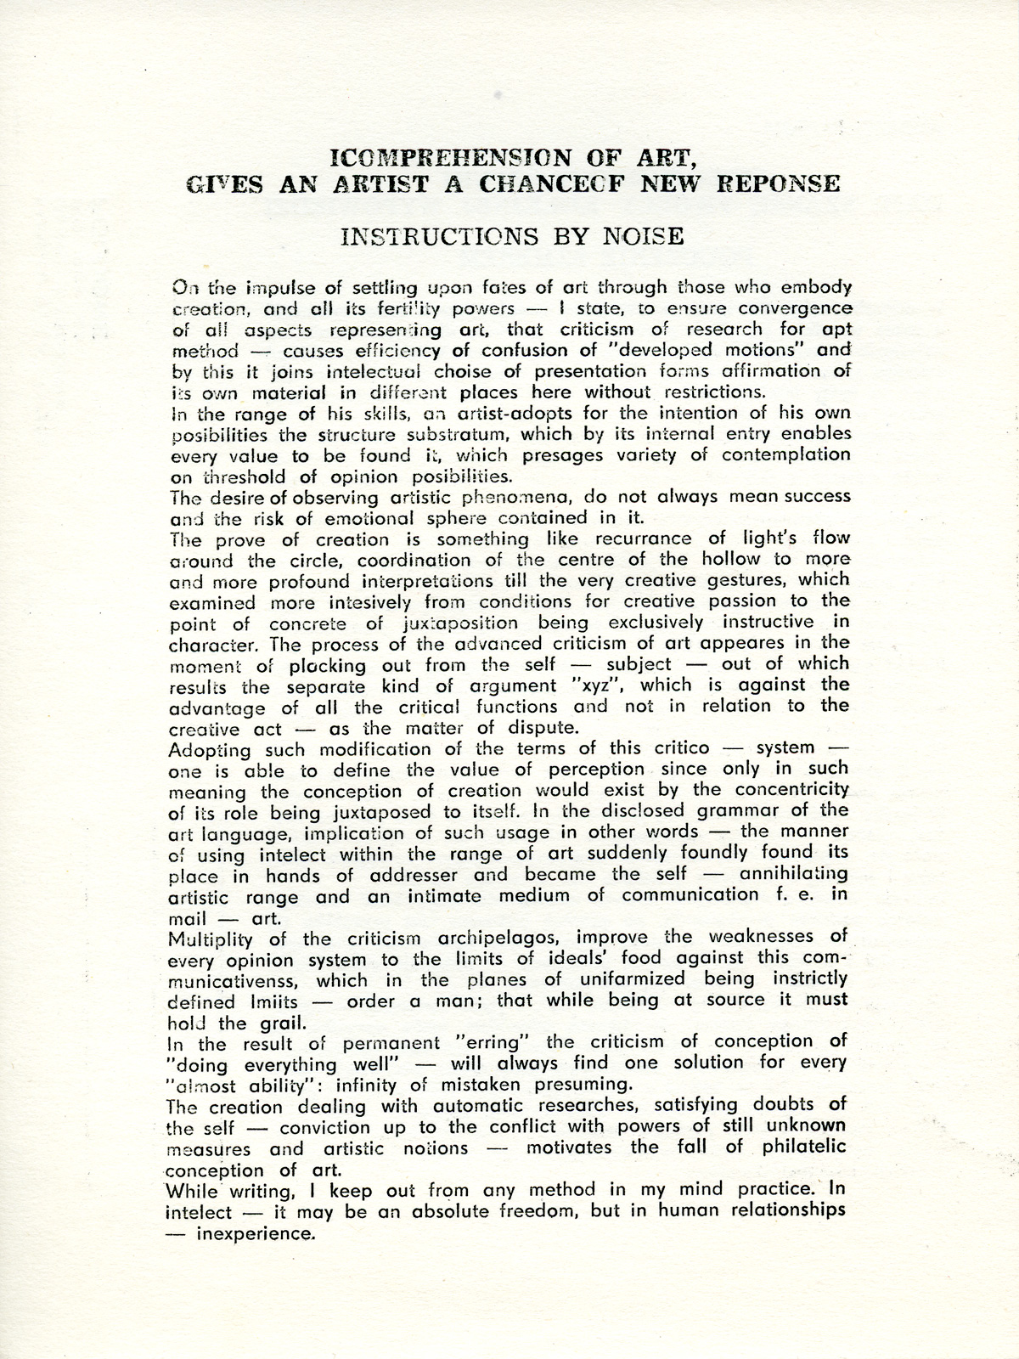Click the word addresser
click(x=409, y=875)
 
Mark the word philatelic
click(x=788, y=1148)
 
